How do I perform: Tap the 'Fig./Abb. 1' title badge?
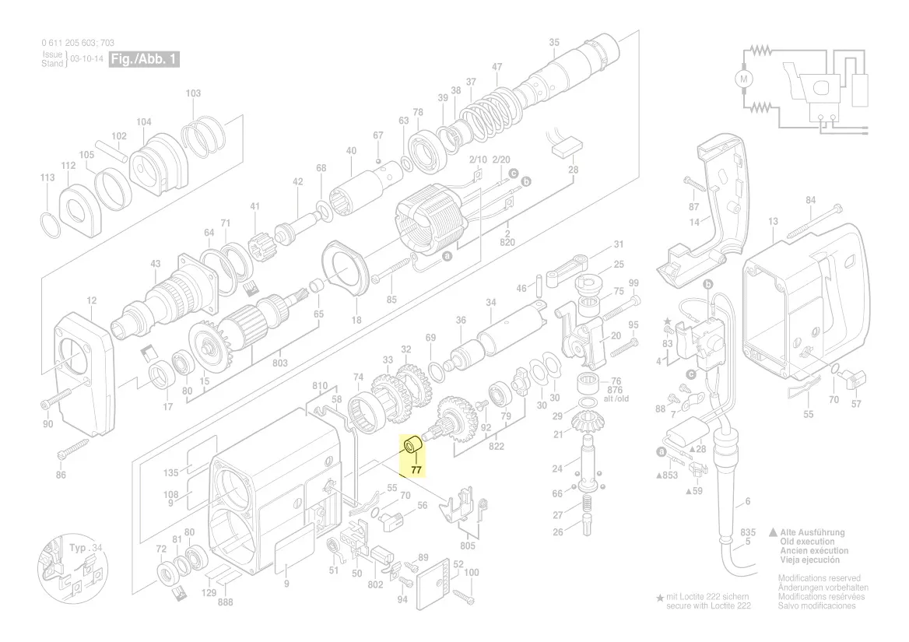click(x=145, y=59)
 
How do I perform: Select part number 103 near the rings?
click(x=194, y=93)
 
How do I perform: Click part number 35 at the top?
click(x=554, y=42)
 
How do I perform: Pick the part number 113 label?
click(x=47, y=177)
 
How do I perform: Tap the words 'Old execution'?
click(x=807, y=542)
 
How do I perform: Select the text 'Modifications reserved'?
click(x=820, y=578)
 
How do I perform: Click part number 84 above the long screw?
click(x=811, y=201)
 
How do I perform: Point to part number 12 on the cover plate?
click(x=92, y=300)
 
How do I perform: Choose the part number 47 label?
click(x=497, y=67)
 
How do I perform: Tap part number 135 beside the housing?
click(x=171, y=472)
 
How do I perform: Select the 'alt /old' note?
click(x=616, y=398)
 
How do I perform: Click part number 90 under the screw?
click(x=47, y=423)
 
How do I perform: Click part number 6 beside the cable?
click(x=748, y=502)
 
